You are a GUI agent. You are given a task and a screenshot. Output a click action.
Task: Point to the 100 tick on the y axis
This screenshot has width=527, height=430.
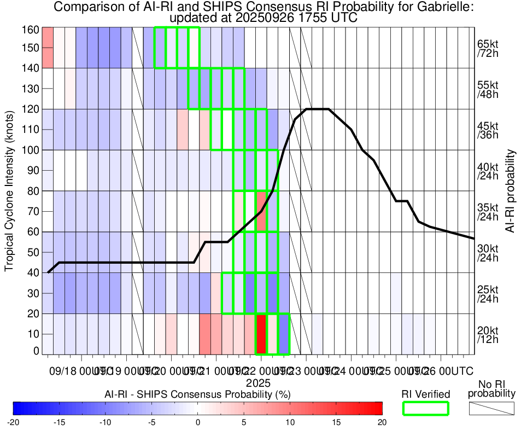point(30,150)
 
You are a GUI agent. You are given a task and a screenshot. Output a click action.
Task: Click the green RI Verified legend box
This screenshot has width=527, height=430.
point(426,408)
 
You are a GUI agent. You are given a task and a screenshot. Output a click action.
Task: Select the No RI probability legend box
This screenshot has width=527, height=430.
point(491,408)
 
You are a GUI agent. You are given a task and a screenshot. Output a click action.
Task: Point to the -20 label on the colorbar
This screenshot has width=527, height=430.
point(13,422)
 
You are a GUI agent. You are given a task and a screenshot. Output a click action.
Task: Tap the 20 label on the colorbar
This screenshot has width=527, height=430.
point(382,422)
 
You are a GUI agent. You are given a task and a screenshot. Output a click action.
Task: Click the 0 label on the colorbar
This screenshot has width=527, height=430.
point(198,422)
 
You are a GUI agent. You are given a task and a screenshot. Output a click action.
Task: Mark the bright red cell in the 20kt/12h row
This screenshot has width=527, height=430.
point(261,334)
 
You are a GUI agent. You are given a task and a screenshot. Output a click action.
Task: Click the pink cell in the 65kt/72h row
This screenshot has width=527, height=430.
point(48,48)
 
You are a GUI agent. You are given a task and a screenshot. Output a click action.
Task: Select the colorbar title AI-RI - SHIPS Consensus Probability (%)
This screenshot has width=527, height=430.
point(197,394)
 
